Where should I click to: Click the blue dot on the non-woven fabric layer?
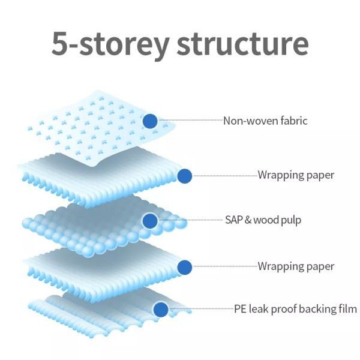150,121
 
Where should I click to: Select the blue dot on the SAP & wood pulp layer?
150,221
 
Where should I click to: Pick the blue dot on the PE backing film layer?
160,310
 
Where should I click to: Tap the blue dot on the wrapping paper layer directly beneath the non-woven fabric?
185,176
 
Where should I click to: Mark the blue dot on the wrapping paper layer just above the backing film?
185,266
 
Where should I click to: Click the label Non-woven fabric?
265,121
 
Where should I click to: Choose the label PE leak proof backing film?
295,310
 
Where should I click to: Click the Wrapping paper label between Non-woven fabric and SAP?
296,176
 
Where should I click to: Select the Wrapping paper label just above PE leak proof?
296,266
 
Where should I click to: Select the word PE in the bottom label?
239,310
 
